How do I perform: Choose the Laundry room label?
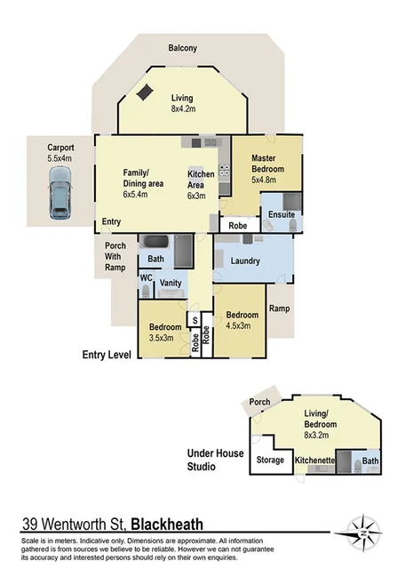tap(244, 261)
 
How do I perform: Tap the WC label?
tap(145, 276)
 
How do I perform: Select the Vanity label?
tap(171, 283)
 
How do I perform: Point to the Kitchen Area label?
tap(201, 178)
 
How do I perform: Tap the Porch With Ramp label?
tap(115, 256)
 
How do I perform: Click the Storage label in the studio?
tap(270, 460)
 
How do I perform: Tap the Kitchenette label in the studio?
tap(314, 460)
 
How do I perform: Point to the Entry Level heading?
tap(106, 355)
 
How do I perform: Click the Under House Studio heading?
tap(214, 460)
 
